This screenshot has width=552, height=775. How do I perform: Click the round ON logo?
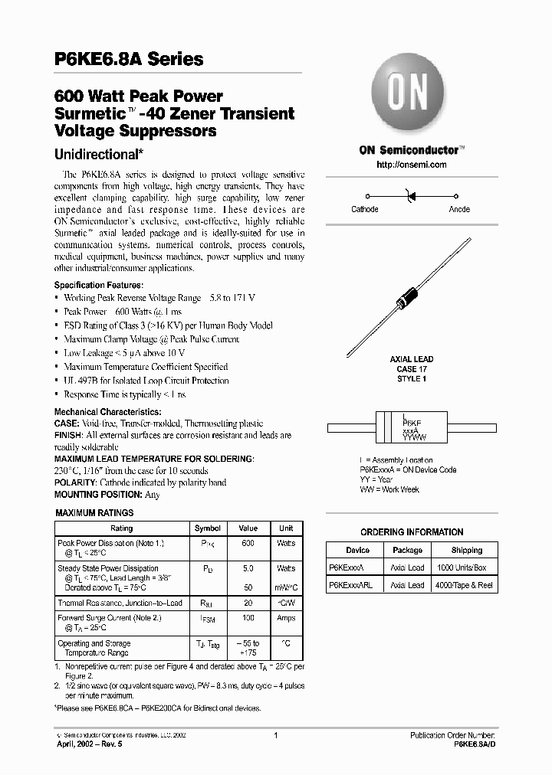pyautogui.click(x=411, y=96)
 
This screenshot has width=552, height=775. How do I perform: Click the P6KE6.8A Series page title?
pyautogui.click(x=129, y=59)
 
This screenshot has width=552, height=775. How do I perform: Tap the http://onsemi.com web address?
pyautogui.click(x=412, y=165)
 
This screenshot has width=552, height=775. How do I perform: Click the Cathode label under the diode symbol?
pyautogui.click(x=364, y=209)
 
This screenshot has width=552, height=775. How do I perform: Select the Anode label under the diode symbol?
pyautogui.click(x=459, y=209)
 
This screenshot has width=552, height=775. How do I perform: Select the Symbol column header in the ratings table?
pyautogui.click(x=208, y=528)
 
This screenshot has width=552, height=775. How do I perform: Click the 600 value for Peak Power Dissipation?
pyautogui.click(x=248, y=543)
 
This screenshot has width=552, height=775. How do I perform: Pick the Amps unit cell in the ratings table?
pyautogui.click(x=285, y=617)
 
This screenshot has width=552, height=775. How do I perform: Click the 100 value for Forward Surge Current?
pyautogui.click(x=248, y=617)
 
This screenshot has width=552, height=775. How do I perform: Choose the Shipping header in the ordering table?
pyautogui.click(x=466, y=550)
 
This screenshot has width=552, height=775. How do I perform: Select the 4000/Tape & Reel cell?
pyautogui.click(x=465, y=585)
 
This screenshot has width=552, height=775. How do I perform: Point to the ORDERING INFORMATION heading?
pyautogui.click(x=412, y=532)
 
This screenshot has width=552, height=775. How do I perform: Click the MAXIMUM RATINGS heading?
pyautogui.click(x=95, y=513)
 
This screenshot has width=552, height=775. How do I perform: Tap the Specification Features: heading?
pyautogui.click(x=98, y=284)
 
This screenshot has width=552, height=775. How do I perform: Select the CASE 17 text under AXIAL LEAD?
pyautogui.click(x=412, y=369)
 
